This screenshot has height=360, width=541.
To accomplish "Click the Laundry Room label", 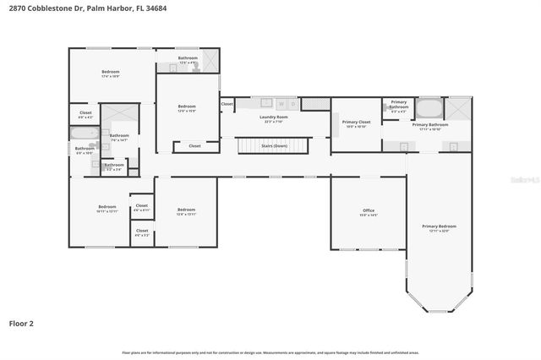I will point(274,117).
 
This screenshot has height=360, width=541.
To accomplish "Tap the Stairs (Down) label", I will point(274,146).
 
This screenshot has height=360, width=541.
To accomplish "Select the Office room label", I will point(369,211).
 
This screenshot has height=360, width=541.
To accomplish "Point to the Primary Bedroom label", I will point(440,227).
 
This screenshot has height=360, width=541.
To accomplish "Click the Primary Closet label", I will point(356,123).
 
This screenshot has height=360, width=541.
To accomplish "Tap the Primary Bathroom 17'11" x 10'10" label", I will point(429,126).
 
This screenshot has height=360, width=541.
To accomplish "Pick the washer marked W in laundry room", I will point(280,104).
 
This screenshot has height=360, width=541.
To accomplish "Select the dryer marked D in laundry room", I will point(292,104).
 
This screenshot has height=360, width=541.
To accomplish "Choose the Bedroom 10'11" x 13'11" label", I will point(107,208).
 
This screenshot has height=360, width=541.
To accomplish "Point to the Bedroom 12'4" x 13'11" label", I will point(186,210).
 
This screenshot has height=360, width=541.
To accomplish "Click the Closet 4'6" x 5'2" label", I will point(141,232).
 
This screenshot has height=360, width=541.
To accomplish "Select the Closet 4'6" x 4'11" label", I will point(141,206).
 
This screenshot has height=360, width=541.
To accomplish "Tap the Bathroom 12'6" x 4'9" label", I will point(187,60).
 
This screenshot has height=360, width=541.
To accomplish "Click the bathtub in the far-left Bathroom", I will point(84,134).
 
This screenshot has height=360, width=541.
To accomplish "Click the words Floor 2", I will point(21,323).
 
